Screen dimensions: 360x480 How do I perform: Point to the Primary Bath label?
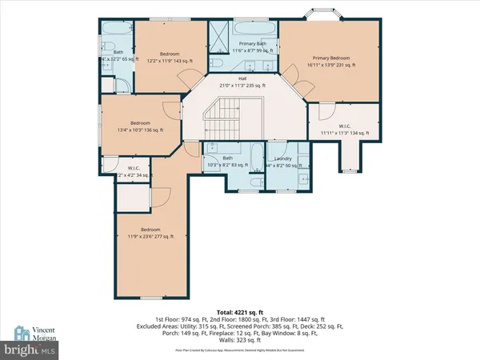point(239,46)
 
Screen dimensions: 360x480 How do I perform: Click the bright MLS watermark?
point(31,350)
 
